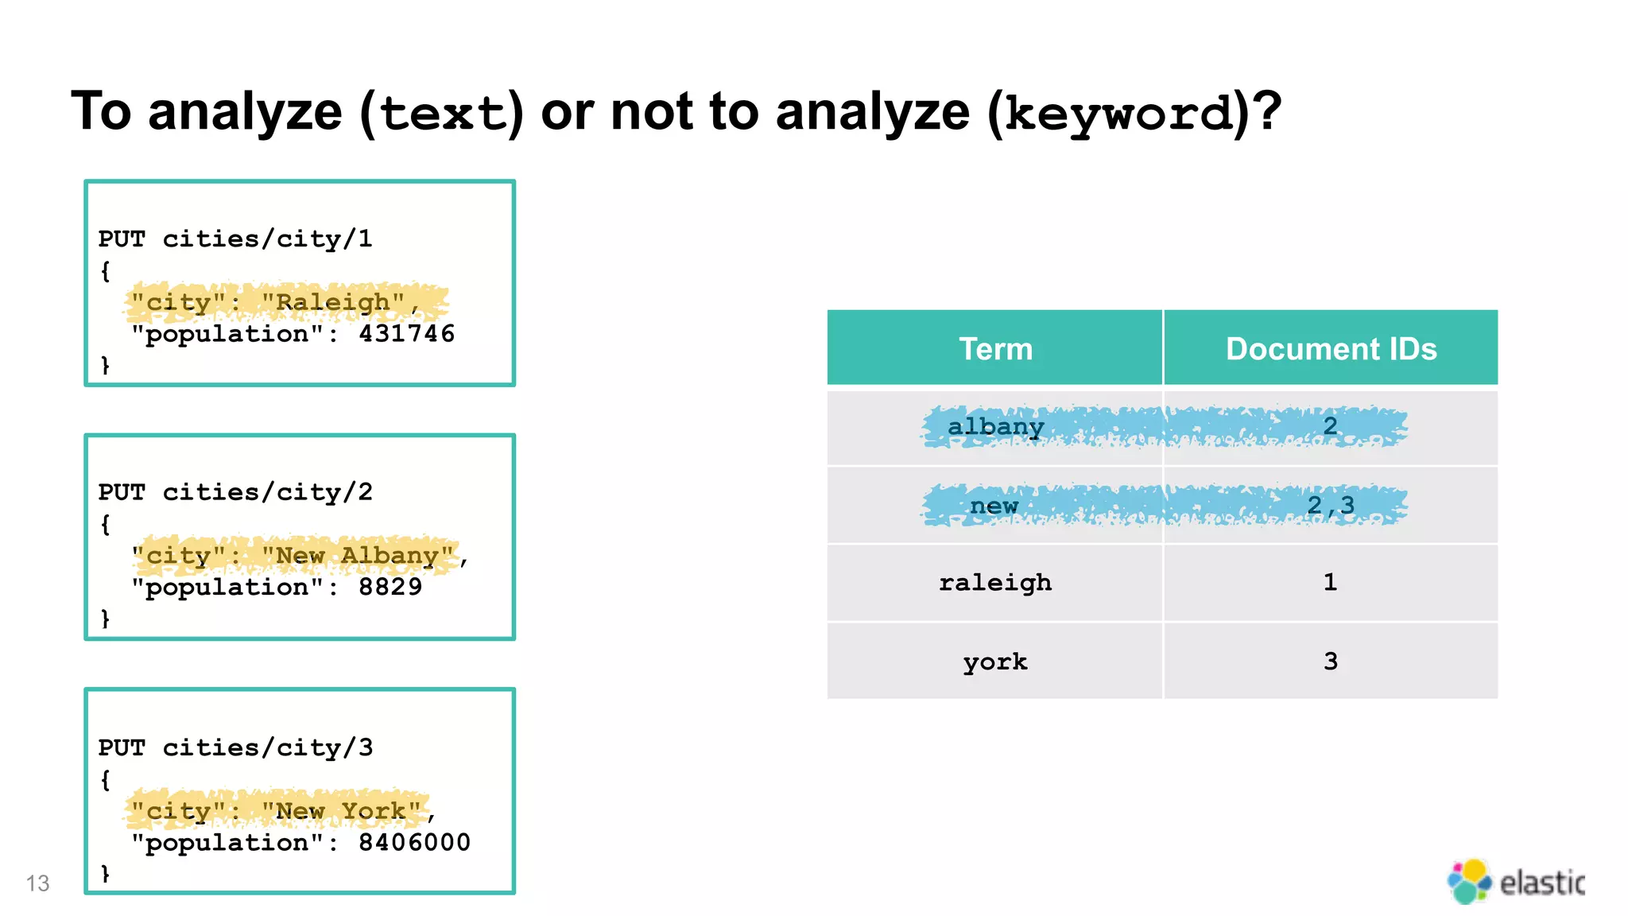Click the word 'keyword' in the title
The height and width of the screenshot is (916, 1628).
pyautogui.click(x=1118, y=114)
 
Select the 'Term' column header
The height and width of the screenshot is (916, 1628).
pyautogui.click(x=995, y=349)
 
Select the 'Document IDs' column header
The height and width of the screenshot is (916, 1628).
pyautogui.click(x=1331, y=349)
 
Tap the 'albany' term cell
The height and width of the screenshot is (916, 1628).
pyautogui.click(x=995, y=427)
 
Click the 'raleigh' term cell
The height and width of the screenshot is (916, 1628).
pyautogui.click(x=995, y=583)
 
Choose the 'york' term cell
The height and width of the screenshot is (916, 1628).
pyautogui.click(x=995, y=662)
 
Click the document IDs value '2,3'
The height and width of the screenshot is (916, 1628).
pyautogui.click(x=1331, y=506)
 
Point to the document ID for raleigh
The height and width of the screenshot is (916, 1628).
pyautogui.click(x=1330, y=583)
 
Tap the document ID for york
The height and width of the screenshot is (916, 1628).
pyautogui.click(x=1331, y=662)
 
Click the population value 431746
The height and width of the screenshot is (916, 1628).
pyautogui.click(x=406, y=334)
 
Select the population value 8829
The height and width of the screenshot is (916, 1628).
pyautogui.click(x=390, y=588)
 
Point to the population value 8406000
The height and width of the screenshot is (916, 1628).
pyautogui.click(x=414, y=843)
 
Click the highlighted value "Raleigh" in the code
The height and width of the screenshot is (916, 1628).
pyautogui.click(x=333, y=303)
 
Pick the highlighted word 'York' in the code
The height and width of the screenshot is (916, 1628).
pyautogui.click(x=374, y=812)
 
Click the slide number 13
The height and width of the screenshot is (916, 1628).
pyautogui.click(x=37, y=883)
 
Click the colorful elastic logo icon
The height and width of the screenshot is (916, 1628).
pyautogui.click(x=1468, y=881)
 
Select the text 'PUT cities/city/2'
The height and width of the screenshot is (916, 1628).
pyautogui.click(x=235, y=493)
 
